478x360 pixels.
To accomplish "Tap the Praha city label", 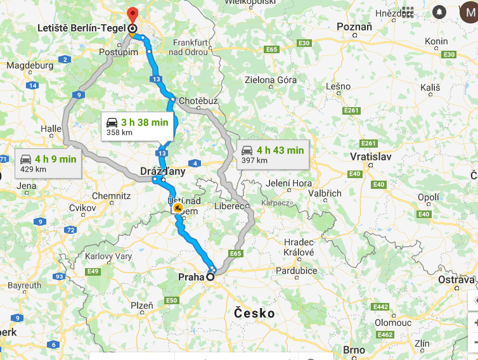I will [x=191, y=276].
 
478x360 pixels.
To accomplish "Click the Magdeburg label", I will [x=30, y=65].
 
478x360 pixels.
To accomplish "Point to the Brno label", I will [x=354, y=349].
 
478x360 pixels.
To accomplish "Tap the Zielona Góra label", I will [x=271, y=80].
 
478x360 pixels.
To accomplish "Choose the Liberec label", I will [x=229, y=206].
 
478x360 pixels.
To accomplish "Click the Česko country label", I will [x=254, y=313].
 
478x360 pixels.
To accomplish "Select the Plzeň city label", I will [x=141, y=305].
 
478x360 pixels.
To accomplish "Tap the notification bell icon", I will [x=439, y=12].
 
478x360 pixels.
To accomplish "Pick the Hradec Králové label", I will [x=299, y=247].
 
